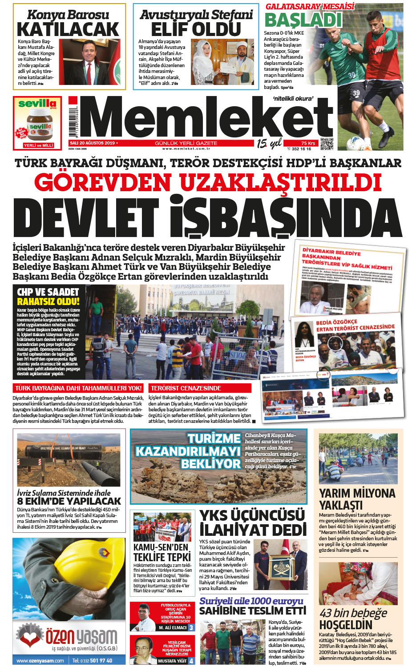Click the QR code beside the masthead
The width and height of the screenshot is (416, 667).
point(327,144)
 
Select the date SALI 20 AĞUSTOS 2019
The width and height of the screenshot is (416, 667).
point(92,143)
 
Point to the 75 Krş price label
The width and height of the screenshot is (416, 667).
point(308,143)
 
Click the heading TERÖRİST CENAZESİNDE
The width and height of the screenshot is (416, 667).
point(186,388)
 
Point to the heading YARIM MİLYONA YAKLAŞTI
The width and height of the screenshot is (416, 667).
point(357,499)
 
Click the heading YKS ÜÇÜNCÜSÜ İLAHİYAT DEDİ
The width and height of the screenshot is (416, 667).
point(252,522)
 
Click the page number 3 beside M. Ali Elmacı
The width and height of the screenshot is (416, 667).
point(191,627)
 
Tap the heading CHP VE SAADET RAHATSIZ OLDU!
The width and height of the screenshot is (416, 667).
point(48,297)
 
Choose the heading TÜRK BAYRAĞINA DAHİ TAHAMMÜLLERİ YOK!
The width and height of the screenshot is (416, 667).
point(79,388)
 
